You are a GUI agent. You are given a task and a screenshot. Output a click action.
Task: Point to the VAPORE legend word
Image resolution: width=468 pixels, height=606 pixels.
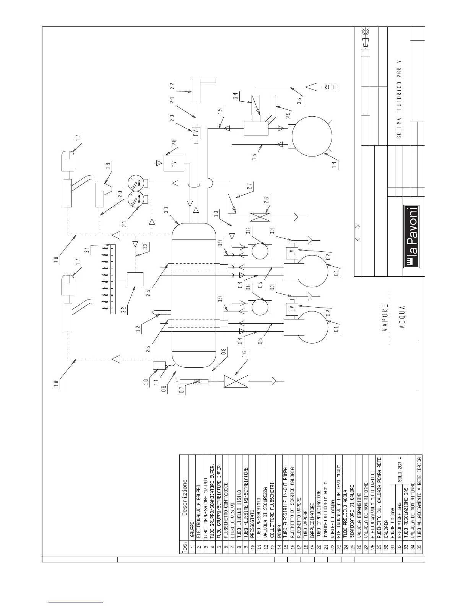(x=385, y=317)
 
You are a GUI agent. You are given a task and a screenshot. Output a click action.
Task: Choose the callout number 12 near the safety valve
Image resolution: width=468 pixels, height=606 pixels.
(x=139, y=327)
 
